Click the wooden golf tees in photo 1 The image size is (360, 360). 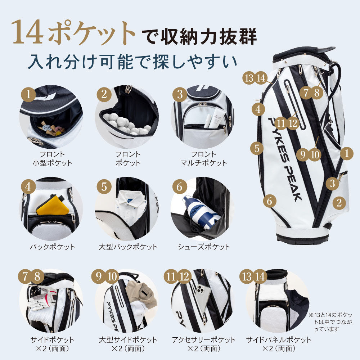(x=51, y=128)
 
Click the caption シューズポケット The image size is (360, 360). (x=203, y=247)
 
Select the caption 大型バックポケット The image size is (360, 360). (x=128, y=247)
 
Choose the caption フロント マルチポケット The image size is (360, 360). (x=203, y=158)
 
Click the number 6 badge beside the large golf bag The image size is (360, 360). (x=269, y=201)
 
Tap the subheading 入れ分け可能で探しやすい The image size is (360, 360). (x=133, y=61)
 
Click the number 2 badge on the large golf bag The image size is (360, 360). (x=339, y=203)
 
